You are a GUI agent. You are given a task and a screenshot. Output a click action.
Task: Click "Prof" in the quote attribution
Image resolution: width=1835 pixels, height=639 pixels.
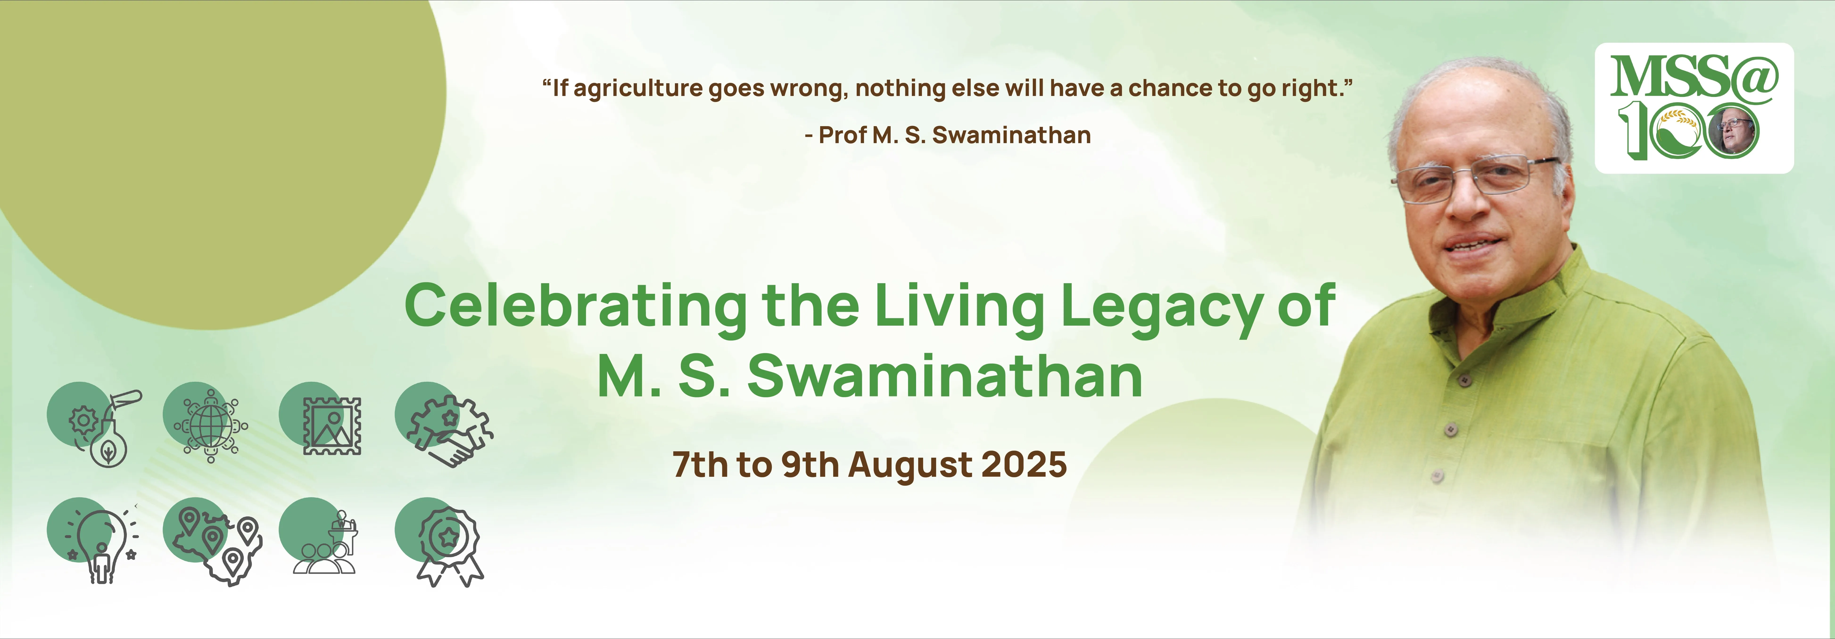(x=842, y=135)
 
